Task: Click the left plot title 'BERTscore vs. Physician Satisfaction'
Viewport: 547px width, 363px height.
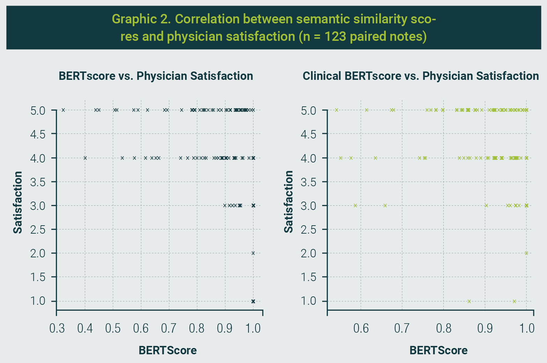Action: pyautogui.click(x=156, y=76)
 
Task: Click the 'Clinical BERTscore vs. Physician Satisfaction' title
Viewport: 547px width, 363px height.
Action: pyautogui.click(x=421, y=76)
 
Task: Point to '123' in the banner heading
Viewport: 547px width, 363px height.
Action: pyautogui.click(x=335, y=36)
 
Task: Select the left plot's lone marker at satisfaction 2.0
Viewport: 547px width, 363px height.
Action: pyautogui.click(x=253, y=253)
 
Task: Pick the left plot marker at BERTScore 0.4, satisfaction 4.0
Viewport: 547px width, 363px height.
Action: pyautogui.click(x=85, y=158)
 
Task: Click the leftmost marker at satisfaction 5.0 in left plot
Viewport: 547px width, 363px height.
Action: pyautogui.click(x=63, y=110)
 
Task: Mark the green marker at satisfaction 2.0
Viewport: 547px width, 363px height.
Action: pyautogui.click(x=526, y=253)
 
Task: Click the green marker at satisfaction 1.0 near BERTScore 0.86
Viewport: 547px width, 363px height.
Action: pyautogui.click(x=469, y=301)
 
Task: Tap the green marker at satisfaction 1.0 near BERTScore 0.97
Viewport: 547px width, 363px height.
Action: pyautogui.click(x=514, y=301)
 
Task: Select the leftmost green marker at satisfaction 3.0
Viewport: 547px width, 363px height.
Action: pyautogui.click(x=355, y=205)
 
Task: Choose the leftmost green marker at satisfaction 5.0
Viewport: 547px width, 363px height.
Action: pyautogui.click(x=337, y=110)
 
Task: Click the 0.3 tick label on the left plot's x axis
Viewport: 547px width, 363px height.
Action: pyautogui.click(x=57, y=328)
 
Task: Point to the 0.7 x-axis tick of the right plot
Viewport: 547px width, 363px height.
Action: pyautogui.click(x=402, y=328)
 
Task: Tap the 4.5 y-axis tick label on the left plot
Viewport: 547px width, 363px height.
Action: pyautogui.click(x=38, y=134)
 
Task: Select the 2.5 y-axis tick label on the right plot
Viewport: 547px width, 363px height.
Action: pyautogui.click(x=309, y=229)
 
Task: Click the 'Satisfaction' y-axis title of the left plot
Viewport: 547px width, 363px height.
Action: pyautogui.click(x=18, y=202)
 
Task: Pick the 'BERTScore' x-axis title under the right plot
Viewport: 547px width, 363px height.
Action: pyautogui.click(x=438, y=350)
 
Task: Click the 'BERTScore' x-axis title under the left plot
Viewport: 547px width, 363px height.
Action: pyautogui.click(x=168, y=350)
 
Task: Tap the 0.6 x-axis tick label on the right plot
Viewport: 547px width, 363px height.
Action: pyautogui.click(x=361, y=328)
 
